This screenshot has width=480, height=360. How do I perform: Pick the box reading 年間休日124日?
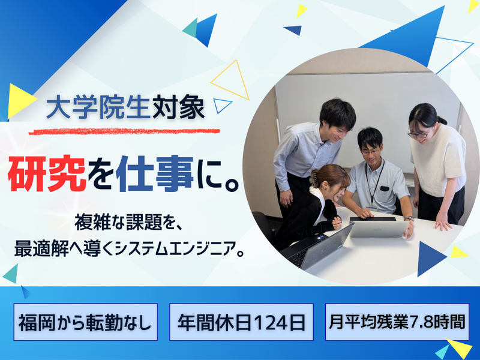point(242,323)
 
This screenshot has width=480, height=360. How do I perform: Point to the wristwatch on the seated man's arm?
point(409,218)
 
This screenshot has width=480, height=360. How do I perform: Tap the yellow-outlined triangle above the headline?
point(230,80)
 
